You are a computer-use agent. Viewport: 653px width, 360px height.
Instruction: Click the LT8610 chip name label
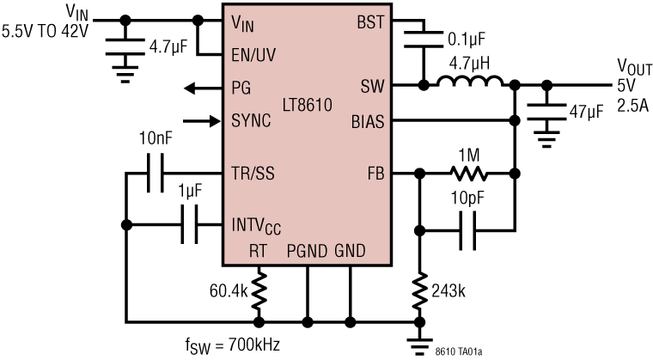point(308,106)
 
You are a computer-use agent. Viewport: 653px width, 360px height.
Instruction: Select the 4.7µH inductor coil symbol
point(471,83)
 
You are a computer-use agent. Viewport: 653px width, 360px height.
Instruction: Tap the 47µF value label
point(586,112)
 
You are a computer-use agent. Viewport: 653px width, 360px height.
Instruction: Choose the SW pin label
point(371,86)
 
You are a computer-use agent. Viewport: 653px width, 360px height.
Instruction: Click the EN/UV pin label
point(254,53)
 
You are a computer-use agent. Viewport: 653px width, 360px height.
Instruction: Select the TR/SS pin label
point(253,174)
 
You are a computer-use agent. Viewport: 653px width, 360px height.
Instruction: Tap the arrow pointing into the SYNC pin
point(200,119)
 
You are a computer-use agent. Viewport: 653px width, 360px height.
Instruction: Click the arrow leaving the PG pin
point(200,86)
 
